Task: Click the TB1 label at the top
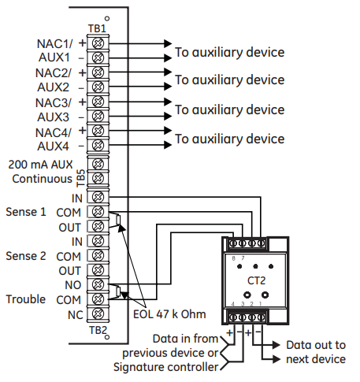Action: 97,28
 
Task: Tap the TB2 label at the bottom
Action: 98,330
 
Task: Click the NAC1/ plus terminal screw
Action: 98,43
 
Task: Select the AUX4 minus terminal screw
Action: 98,145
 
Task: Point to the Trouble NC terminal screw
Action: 98,313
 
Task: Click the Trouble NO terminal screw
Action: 98,284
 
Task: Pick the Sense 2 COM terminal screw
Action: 98,255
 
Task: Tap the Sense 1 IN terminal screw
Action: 98,197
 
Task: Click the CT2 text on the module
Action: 256,280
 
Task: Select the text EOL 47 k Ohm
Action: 169,314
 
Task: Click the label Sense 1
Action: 26,212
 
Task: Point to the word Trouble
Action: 26,299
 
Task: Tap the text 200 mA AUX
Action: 40,165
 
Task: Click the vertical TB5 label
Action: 81,178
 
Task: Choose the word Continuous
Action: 42,179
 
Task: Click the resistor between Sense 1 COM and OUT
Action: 118,220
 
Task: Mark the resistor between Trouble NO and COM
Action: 118,291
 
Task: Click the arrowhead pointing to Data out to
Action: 276,345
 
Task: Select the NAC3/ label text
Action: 54,102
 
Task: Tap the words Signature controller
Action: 165,367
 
